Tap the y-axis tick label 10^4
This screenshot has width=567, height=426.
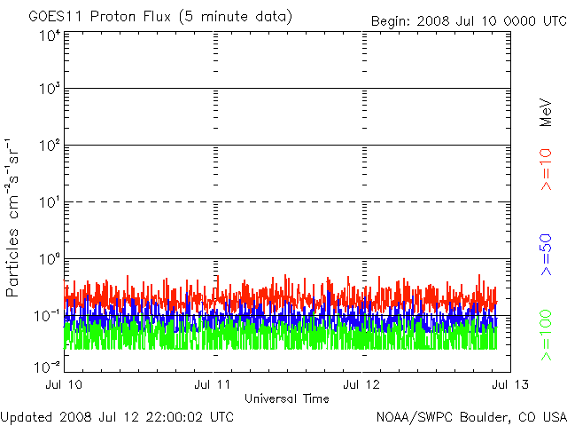(49, 35)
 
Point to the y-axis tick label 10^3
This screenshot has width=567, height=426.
(49, 89)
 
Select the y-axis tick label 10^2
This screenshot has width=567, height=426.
(49, 146)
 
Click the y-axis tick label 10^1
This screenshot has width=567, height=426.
(49, 202)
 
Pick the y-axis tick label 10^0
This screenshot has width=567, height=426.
(49, 259)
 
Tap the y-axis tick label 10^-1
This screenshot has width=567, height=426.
(47, 316)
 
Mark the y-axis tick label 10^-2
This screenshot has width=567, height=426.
(47, 366)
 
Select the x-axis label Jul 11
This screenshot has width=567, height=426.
(214, 385)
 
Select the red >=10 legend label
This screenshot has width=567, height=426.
(546, 170)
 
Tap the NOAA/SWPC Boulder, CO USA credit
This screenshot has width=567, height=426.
(470, 416)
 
